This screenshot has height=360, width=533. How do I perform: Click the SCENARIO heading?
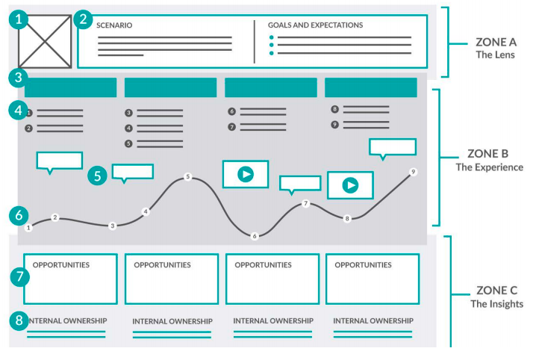(x=114, y=25)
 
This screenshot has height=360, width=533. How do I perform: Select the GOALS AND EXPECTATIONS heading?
(x=315, y=25)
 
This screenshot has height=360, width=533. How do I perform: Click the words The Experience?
(x=490, y=167)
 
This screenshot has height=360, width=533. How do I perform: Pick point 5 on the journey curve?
(x=188, y=177)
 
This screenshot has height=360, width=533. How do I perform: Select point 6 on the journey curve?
(x=255, y=236)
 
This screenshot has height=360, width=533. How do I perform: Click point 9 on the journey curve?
(x=413, y=172)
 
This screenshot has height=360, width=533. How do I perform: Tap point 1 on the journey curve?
(x=28, y=227)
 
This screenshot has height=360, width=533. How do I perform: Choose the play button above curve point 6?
(x=245, y=174)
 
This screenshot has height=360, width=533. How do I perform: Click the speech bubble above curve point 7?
(x=299, y=183)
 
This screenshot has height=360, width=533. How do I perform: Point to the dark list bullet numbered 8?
(x=335, y=109)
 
